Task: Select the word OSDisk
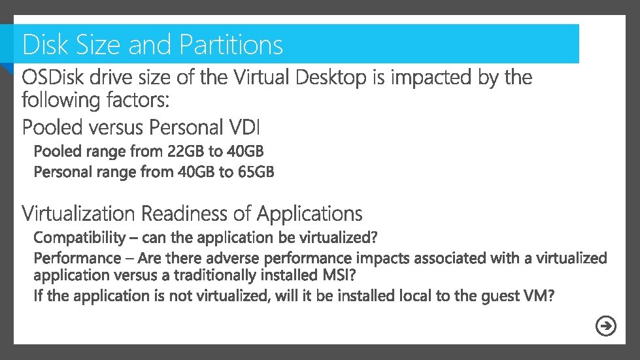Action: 55,78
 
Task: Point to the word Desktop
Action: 331,78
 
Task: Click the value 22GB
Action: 185,152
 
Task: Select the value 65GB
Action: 255,172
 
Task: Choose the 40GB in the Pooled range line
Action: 244,152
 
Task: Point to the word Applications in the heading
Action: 309,214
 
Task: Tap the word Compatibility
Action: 79,237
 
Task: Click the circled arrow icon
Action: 607,326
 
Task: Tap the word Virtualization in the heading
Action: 79,214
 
